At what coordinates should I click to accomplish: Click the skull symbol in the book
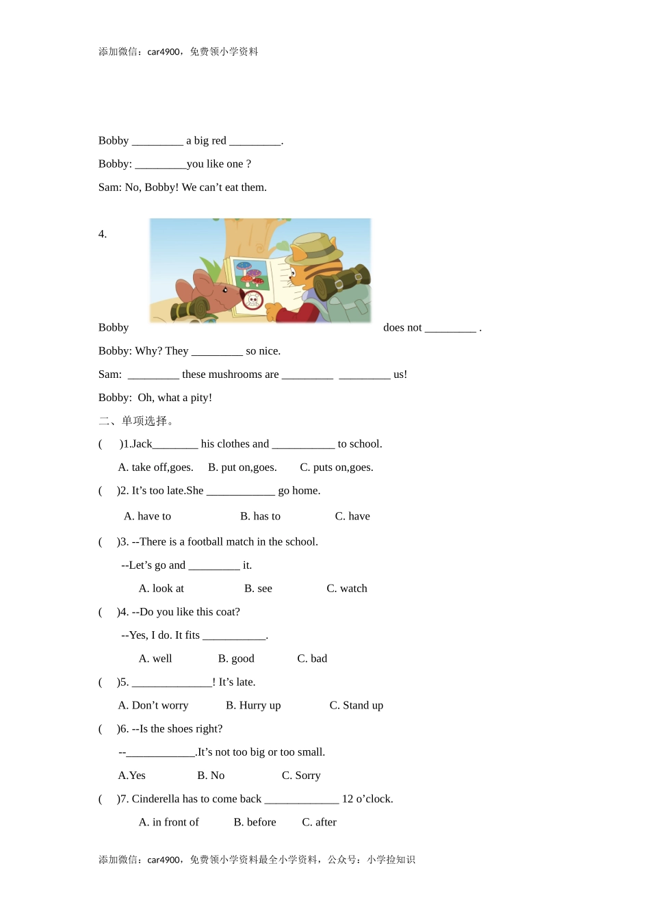click(253, 300)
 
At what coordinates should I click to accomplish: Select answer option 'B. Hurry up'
click(253, 705)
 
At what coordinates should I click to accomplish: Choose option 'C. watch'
click(347, 589)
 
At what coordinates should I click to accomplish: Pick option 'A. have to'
click(148, 516)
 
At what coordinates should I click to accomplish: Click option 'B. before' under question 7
click(255, 822)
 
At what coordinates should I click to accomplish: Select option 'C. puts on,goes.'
click(337, 468)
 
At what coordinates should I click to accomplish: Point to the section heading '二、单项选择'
click(136, 421)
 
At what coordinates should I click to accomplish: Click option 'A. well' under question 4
click(155, 659)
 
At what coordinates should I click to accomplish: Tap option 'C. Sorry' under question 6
click(301, 776)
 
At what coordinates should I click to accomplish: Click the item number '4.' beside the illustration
click(103, 234)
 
